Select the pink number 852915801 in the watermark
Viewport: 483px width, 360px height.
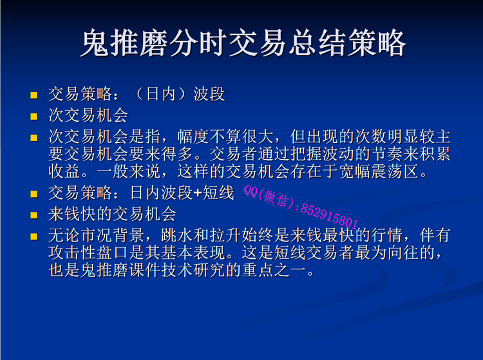[x=329, y=217]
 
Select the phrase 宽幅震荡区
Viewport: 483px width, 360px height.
[x=379, y=171]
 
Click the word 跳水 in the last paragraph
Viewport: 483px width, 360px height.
[x=177, y=235]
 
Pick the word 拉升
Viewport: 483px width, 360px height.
[x=225, y=235]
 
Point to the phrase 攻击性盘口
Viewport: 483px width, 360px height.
[x=89, y=252]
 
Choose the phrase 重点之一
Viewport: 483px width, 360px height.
[x=274, y=270]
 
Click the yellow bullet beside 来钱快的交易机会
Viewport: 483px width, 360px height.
[x=34, y=215]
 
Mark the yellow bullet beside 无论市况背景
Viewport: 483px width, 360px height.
[x=34, y=236]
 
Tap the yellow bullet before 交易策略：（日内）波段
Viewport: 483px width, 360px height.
[x=34, y=95]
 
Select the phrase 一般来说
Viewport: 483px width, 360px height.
[x=129, y=171]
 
